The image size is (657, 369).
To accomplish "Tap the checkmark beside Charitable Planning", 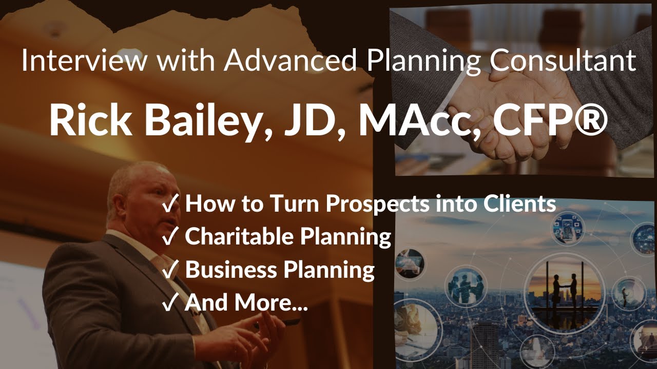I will pos(170,236).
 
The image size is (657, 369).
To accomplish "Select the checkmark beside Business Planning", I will pos(170,270).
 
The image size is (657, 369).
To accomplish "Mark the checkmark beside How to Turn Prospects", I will pos(170,203).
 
